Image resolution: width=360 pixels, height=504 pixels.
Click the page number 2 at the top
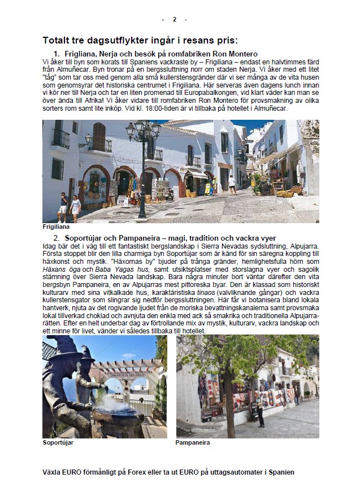click(174, 19)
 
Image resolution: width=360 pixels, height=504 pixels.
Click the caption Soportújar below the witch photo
click(58, 442)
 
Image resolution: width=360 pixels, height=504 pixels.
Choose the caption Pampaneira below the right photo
click(192, 442)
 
